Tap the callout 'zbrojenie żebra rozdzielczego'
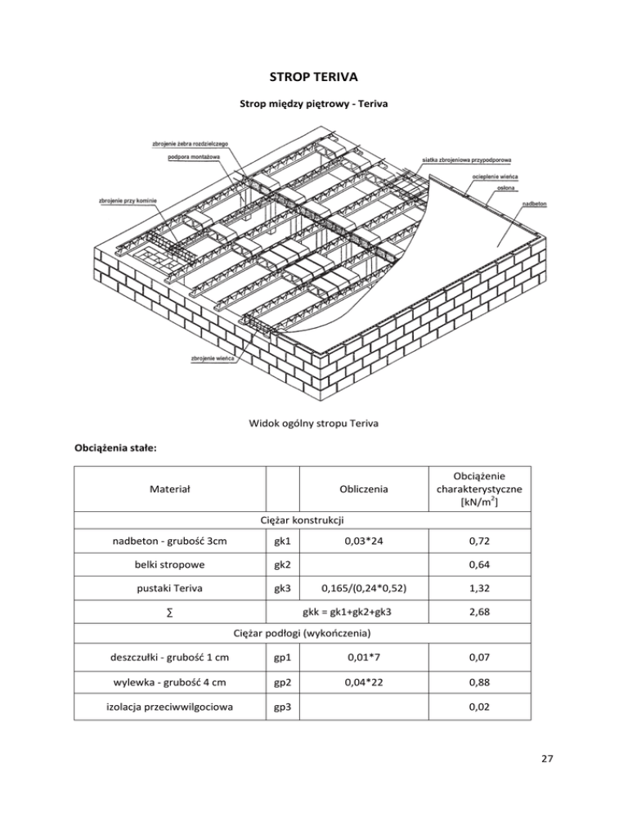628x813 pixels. tap(190, 144)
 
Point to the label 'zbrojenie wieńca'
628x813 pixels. tap(213, 358)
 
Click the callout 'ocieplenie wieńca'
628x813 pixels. tap(494, 176)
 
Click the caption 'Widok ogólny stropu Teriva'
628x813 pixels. tap(313, 424)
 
